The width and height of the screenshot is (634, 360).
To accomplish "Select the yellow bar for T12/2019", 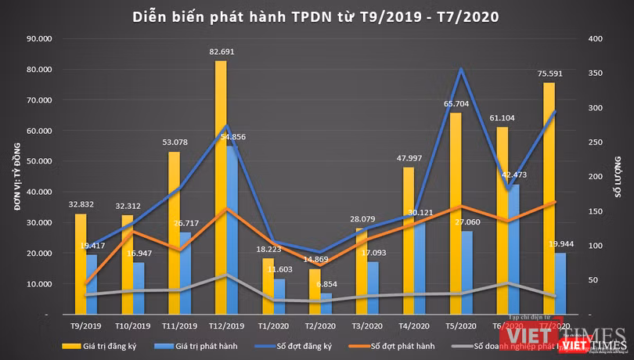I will (x=221, y=188).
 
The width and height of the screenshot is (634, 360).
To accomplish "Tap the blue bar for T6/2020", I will (x=513, y=250).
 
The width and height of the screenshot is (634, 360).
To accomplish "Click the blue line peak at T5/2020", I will (x=461, y=69).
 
